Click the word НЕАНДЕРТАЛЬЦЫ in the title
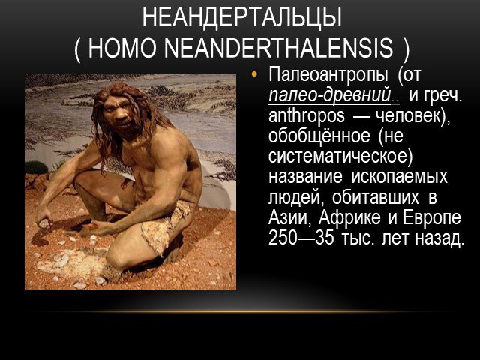pos(241,17)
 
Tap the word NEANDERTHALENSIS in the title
pos(279,48)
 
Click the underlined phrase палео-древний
pos(330,95)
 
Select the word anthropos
pos(307,117)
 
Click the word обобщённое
pos(319,136)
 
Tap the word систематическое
pos(338,157)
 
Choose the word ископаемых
pos(399,177)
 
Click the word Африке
pos(349,217)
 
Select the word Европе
pos(432,218)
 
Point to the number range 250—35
pos(301,238)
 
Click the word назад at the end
pos(438,238)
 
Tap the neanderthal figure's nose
pos(120,114)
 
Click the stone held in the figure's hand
pos(45,223)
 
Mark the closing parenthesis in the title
pos(406,49)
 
